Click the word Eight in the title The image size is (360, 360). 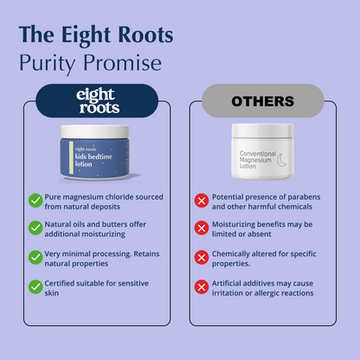(x=86, y=35)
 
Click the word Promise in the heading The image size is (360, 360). (x=122, y=62)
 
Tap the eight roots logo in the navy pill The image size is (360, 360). (x=98, y=100)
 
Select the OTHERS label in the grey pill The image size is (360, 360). (x=263, y=101)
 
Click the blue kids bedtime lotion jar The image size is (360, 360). (x=94, y=152)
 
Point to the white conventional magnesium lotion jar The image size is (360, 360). (x=262, y=151)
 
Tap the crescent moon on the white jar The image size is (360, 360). (x=282, y=160)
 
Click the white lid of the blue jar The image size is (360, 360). (x=94, y=132)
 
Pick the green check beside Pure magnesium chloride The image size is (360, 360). (x=35, y=200)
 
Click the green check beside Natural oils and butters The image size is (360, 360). (x=35, y=228)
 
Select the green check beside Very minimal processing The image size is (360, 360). (x=35, y=257)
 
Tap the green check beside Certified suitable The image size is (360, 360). (x=35, y=287)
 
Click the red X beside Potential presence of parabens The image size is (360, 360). (x=202, y=201)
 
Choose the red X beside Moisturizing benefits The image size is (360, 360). (x=202, y=228)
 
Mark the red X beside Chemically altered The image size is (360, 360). (x=202, y=258)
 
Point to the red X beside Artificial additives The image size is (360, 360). (x=202, y=287)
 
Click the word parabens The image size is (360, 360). (x=304, y=197)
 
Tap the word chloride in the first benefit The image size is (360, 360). (x=119, y=197)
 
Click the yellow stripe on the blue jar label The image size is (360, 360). (x=71, y=157)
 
